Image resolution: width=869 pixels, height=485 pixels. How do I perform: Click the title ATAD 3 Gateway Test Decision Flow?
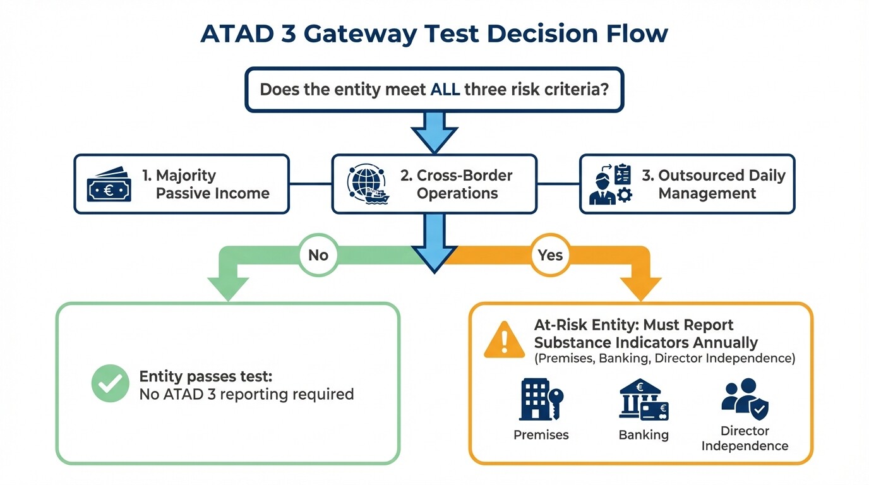[434, 33]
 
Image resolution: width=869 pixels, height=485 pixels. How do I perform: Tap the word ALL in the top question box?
[445, 89]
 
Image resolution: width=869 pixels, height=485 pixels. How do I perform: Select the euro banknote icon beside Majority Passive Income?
[109, 184]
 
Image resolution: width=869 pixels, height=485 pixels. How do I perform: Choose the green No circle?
[318, 255]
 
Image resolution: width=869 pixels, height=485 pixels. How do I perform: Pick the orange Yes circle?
[550, 255]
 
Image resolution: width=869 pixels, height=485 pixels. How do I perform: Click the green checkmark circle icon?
[110, 383]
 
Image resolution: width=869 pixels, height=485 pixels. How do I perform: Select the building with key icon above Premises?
[541, 400]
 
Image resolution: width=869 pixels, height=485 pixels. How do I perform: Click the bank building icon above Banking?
[643, 400]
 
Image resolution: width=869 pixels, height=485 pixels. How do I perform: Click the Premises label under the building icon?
[541, 435]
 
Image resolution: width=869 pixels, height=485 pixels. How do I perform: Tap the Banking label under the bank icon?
[643, 435]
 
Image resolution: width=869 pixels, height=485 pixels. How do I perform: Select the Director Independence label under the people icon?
[745, 438]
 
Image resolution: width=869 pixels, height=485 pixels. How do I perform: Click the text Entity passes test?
[206, 376]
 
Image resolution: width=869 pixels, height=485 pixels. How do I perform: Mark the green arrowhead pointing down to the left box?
[228, 288]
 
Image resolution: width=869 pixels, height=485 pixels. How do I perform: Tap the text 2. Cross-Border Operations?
[457, 184]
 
